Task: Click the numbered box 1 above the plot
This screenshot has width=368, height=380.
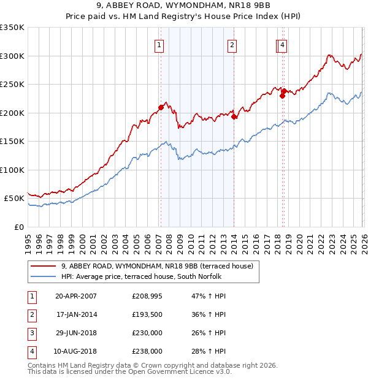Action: coord(159,45)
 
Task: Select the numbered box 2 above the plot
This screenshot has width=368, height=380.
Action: coord(232,45)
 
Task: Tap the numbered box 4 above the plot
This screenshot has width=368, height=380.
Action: coord(282,45)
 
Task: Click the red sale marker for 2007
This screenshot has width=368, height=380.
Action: coord(161,107)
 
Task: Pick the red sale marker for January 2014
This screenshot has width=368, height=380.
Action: coord(234,116)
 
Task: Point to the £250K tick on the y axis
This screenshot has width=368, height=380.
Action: coord(12,84)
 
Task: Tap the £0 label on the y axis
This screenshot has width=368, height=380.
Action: coord(18,227)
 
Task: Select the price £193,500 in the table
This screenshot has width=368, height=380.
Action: coord(147,314)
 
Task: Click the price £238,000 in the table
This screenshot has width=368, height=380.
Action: coord(147,351)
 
